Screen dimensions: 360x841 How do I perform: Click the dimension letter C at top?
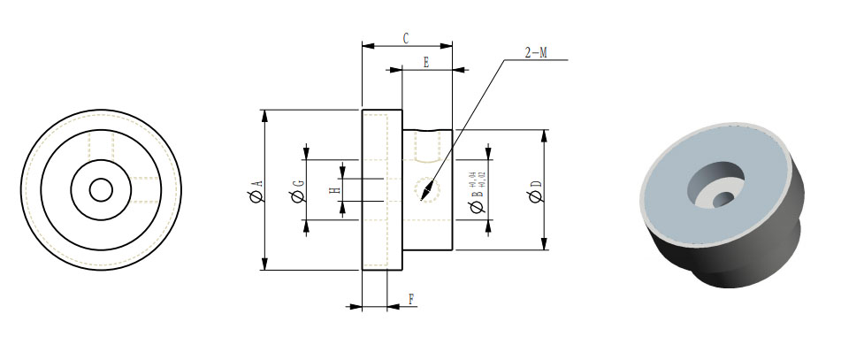[405, 38]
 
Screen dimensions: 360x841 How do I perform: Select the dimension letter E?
[426, 63]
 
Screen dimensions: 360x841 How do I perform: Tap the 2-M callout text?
[536, 53]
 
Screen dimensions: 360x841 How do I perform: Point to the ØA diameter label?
[256, 189]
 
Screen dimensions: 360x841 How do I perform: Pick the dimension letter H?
[335, 190]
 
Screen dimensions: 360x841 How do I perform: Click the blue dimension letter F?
[411, 299]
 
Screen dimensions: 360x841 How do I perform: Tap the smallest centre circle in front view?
[101, 190]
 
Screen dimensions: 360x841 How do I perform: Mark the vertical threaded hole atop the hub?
[426, 147]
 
